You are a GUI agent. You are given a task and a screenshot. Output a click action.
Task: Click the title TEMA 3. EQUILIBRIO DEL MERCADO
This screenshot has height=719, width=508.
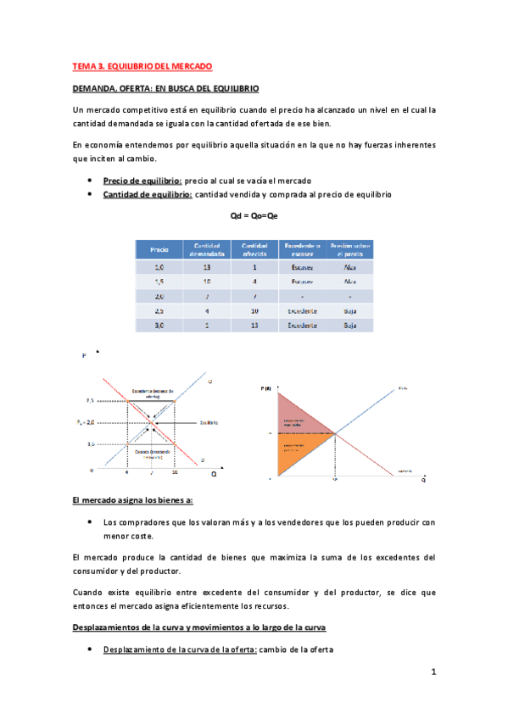pyautogui.click(x=141, y=66)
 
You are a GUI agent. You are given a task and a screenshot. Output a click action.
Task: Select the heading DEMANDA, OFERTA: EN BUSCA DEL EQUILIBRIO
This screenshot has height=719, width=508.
pyautogui.click(x=165, y=88)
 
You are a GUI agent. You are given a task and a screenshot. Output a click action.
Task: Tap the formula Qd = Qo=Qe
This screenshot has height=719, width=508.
pyautogui.click(x=254, y=217)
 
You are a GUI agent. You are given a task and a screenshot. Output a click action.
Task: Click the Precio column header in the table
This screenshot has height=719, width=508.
pyautogui.click(x=159, y=250)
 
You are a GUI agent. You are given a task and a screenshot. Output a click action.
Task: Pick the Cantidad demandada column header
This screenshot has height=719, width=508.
pyautogui.click(x=207, y=250)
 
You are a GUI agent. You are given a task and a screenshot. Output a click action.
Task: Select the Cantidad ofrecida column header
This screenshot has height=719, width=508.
pyautogui.click(x=255, y=250)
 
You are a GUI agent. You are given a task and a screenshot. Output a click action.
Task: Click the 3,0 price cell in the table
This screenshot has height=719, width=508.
pyautogui.click(x=159, y=325)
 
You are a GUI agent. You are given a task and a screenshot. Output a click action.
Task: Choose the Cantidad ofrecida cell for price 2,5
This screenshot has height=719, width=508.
pyautogui.click(x=255, y=310)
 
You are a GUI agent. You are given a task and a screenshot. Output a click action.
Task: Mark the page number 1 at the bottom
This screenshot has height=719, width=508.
pyautogui.click(x=433, y=672)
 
